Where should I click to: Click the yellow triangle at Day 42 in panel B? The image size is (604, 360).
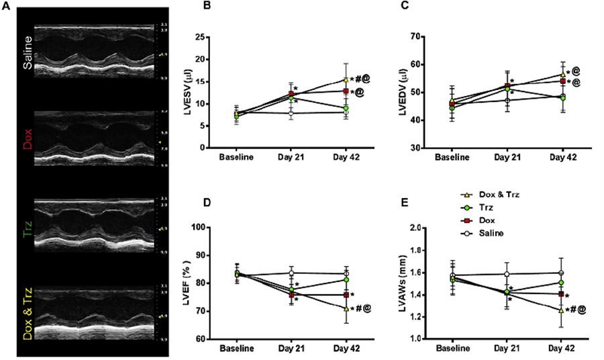pos(346,79)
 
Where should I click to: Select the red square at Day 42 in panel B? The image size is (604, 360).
pos(346,91)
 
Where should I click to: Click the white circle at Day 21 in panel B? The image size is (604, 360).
pos(291,113)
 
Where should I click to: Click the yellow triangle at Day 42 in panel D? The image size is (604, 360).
pos(346,308)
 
